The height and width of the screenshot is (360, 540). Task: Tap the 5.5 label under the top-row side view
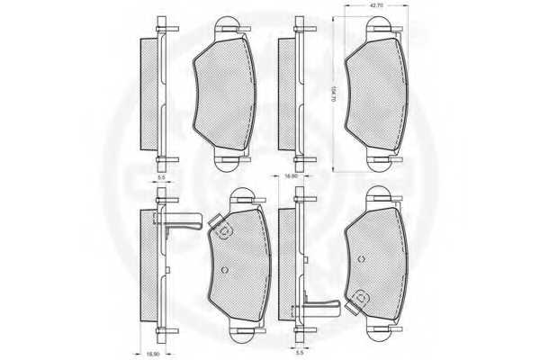click(161, 179)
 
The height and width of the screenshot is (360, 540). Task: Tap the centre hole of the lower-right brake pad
click(362, 258)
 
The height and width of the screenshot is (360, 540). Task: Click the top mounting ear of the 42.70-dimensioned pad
click(376, 27)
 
